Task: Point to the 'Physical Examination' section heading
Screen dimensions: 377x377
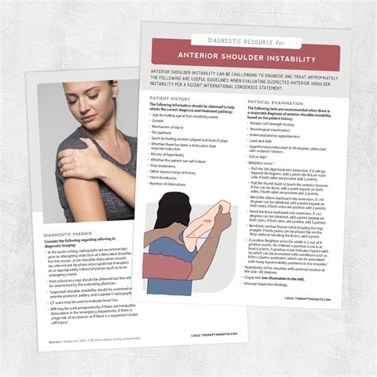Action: (x=276, y=103)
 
